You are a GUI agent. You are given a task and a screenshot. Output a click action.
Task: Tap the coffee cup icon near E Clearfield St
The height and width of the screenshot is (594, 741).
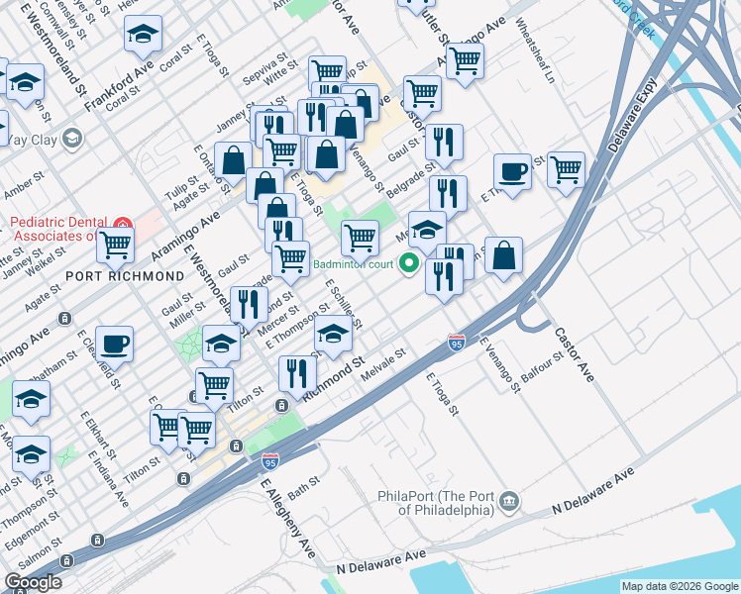pos(114,343)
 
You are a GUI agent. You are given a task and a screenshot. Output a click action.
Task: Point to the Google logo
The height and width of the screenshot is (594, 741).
pos(33,583)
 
